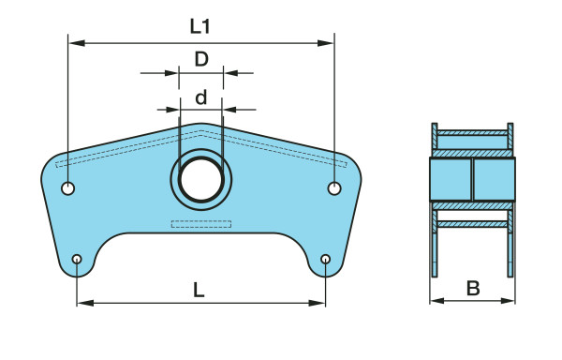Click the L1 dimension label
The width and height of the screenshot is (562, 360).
200,26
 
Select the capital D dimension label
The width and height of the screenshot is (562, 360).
201,59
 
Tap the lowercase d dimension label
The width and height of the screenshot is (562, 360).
201,97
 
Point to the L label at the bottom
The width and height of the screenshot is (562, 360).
199,290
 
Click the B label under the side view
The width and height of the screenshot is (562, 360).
473,289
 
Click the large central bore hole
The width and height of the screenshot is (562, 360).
201,180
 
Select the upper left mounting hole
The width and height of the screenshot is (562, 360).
67,187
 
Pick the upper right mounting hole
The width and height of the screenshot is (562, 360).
334,188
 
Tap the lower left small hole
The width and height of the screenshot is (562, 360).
77,259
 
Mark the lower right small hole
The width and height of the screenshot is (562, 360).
325,259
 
